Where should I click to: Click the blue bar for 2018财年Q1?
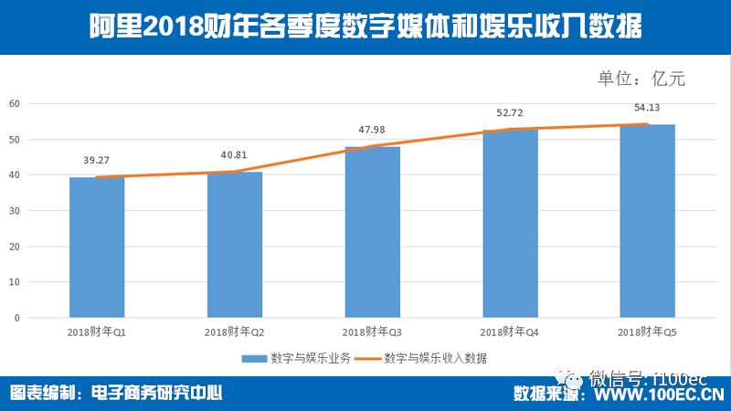[x=97, y=248]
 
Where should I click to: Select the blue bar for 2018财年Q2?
[x=235, y=245]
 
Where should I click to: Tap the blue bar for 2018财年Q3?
[x=372, y=232]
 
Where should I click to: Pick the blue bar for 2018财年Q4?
[x=510, y=224]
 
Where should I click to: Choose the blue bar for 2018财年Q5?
[x=647, y=221]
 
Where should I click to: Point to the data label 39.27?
[x=97, y=156]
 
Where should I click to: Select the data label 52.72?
[x=510, y=112]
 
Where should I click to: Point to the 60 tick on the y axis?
[x=14, y=103]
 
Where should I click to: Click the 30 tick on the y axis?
[x=14, y=211]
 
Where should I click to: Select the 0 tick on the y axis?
[x=16, y=318]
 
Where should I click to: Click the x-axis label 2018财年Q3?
[x=372, y=332]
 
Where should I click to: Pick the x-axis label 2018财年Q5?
[x=647, y=332]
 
